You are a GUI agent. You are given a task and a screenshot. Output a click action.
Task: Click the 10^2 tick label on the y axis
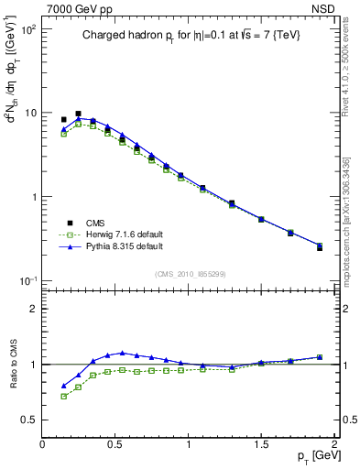pos(27,29)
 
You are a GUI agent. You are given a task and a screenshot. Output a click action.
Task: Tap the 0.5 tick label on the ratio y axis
pos(27,420)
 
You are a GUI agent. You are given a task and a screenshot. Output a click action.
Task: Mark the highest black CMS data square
pos(78,114)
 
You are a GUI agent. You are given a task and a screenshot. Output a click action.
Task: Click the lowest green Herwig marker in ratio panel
pos(64,397)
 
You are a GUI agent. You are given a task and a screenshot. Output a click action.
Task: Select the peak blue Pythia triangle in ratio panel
pos(122,352)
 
